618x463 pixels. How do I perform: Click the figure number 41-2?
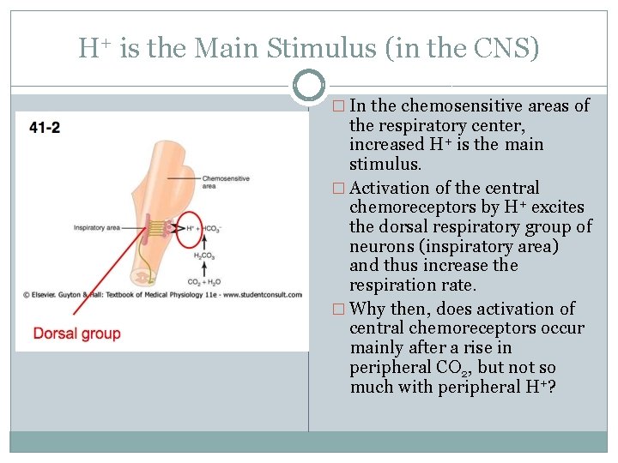[45, 129]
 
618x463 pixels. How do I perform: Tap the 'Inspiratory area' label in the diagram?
[95, 227]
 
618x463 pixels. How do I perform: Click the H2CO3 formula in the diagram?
[203, 255]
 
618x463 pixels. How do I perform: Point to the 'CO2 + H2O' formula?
[203, 281]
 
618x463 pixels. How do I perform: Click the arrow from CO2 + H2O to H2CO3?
[203, 268]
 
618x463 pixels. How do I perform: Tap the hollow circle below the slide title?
[309, 86]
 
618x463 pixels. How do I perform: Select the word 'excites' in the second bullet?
[558, 207]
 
